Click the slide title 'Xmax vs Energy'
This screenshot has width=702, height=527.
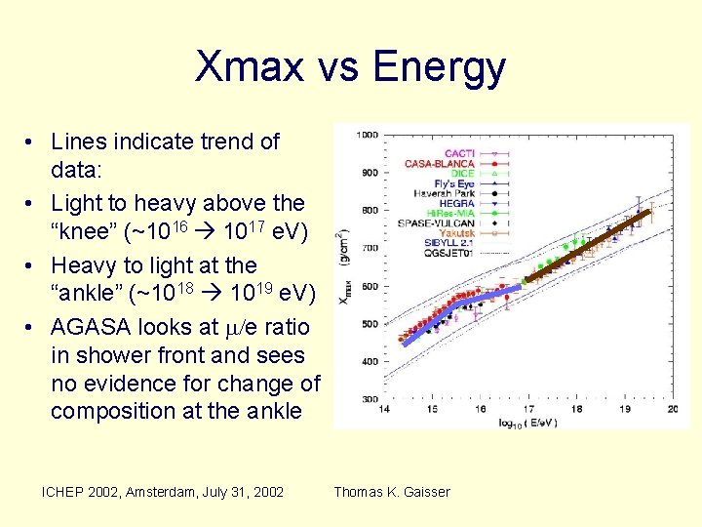350,66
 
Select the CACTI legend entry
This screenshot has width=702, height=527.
459,153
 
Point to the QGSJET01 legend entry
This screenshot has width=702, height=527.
448,252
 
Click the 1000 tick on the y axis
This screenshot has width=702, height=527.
367,136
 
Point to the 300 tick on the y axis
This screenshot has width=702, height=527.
369,400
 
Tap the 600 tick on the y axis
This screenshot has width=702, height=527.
369,287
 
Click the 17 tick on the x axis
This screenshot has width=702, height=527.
528,410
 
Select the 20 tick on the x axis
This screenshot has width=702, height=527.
672,410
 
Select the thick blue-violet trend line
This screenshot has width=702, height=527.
458,312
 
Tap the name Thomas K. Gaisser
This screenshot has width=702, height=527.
392,492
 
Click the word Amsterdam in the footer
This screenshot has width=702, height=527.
162,492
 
